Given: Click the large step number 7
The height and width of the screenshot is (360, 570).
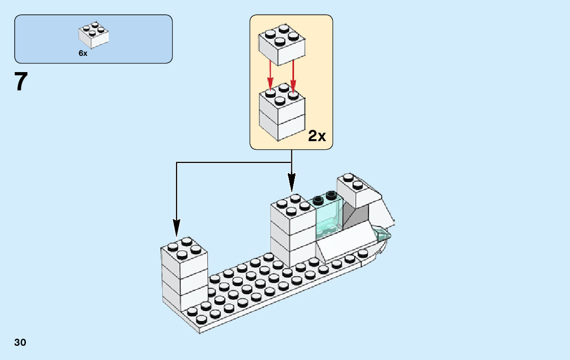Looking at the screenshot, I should pos(21,82).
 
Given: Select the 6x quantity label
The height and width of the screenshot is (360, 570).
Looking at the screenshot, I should pos(83,53).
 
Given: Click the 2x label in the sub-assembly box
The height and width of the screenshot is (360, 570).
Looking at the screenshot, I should pos(317,136).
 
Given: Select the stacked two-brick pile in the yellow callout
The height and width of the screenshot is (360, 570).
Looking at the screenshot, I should pos(281,114).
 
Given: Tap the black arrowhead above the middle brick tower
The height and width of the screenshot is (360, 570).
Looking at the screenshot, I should pos(291,182).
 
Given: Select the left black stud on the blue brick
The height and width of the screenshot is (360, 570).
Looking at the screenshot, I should pos(319,199).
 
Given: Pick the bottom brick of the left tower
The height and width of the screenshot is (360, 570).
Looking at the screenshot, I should pos(184,297).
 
